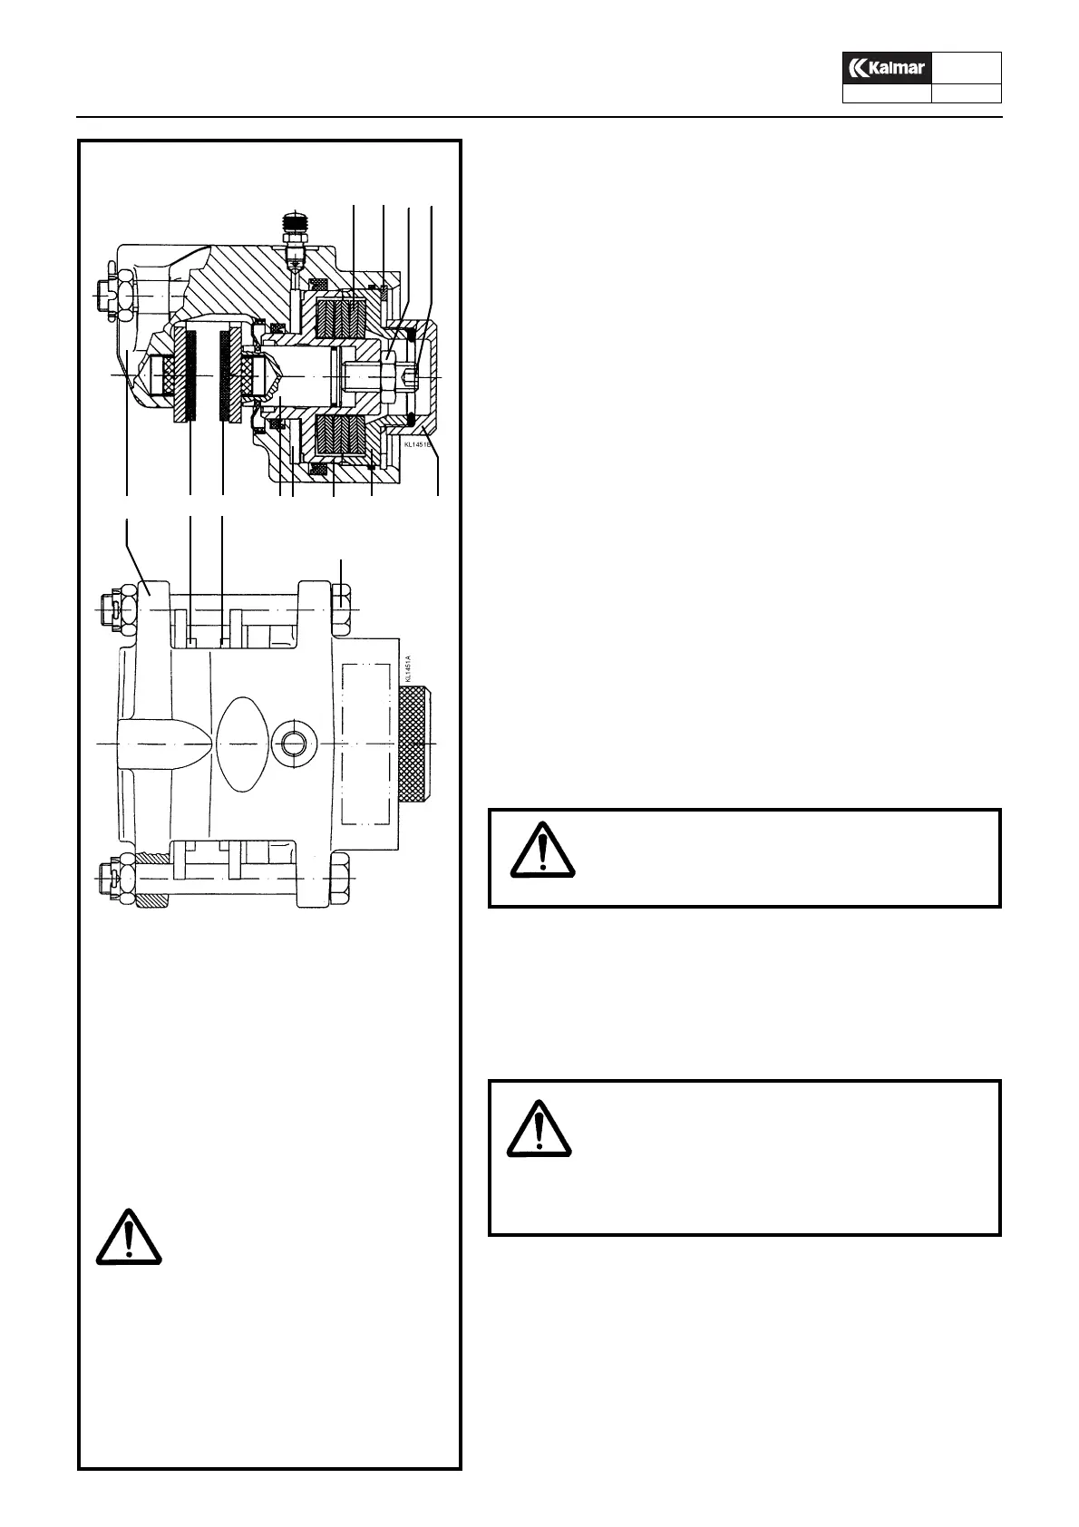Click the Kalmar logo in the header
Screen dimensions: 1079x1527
(887, 68)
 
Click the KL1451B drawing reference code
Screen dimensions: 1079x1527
(419, 445)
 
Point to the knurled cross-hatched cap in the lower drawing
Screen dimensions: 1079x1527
(415, 743)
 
